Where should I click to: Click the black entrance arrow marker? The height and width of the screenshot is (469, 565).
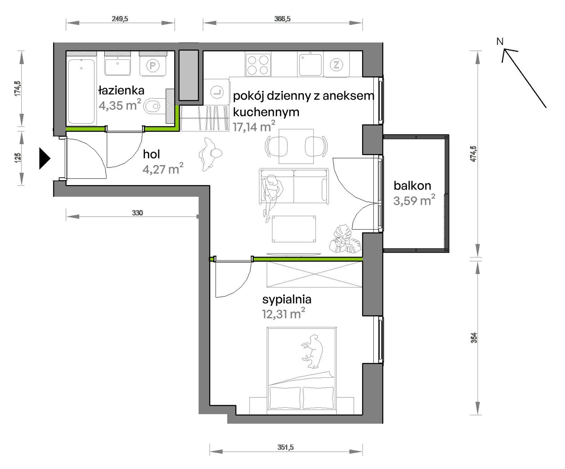(x=45, y=159)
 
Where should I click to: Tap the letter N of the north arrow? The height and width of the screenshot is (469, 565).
(x=500, y=42)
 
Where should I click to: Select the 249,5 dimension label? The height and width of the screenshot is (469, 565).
(x=120, y=19)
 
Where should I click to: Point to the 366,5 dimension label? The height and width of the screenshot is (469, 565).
(x=282, y=19)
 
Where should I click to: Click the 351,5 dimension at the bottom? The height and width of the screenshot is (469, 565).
(x=285, y=447)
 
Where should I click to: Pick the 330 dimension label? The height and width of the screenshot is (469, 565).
(x=137, y=213)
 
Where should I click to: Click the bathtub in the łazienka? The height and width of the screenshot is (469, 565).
(x=81, y=91)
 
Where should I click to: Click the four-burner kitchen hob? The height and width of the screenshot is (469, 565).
(x=258, y=65)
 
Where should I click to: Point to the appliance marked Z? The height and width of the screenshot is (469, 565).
(x=336, y=64)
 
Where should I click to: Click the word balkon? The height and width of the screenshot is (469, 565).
(x=412, y=185)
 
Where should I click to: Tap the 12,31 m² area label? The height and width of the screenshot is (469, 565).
(x=283, y=314)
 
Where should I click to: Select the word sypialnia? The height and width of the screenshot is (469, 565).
(x=287, y=300)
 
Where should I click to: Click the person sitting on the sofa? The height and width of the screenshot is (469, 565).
(x=272, y=198)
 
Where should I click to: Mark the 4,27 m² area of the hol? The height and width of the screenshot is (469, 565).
(x=163, y=169)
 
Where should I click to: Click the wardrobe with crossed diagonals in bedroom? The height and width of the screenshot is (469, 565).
(x=314, y=274)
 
